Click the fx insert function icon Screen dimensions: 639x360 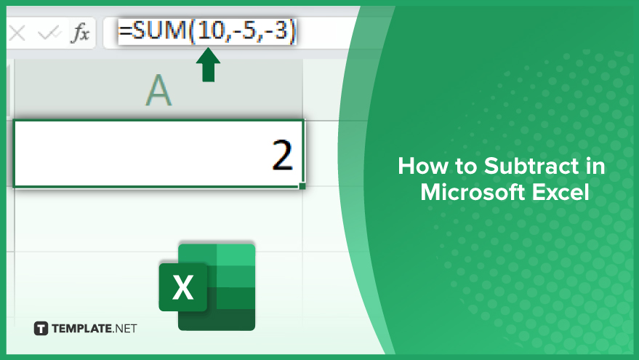[x=80, y=33]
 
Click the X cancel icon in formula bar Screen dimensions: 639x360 [x=17, y=33]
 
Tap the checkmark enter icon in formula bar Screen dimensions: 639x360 [x=49, y=33]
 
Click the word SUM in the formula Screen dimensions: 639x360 [x=159, y=30]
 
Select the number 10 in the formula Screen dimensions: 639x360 [x=210, y=31]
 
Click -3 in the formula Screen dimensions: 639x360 [x=277, y=31]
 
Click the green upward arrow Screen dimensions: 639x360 [x=208, y=65]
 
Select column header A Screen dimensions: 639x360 [x=158, y=90]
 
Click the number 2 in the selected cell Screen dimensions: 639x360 [x=282, y=155]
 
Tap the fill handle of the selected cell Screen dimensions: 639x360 [x=302, y=186]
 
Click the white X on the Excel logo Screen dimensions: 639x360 [x=183, y=287]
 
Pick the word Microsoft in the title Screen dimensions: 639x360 [x=470, y=192]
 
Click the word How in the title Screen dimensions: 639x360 [x=422, y=166]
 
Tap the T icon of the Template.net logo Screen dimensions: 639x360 [x=41, y=328]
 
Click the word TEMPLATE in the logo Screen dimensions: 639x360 [x=81, y=329]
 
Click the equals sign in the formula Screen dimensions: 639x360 [x=125, y=31]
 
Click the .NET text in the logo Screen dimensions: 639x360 [x=124, y=329]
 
